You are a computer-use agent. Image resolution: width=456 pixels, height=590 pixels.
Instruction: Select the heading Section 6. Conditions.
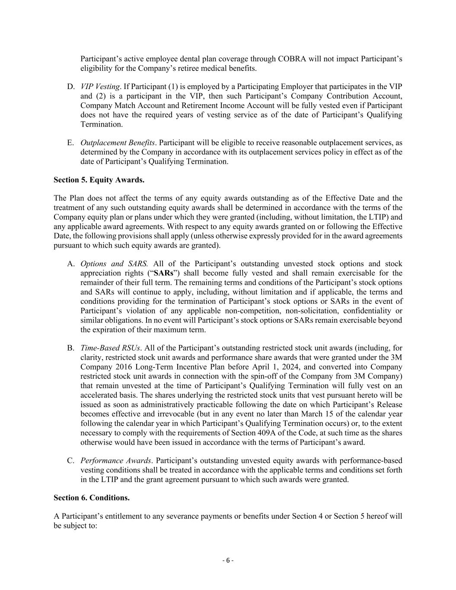(92, 498)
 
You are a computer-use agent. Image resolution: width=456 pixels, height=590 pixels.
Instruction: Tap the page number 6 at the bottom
(228, 561)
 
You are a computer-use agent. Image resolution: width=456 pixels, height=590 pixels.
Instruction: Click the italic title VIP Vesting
(100, 87)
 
